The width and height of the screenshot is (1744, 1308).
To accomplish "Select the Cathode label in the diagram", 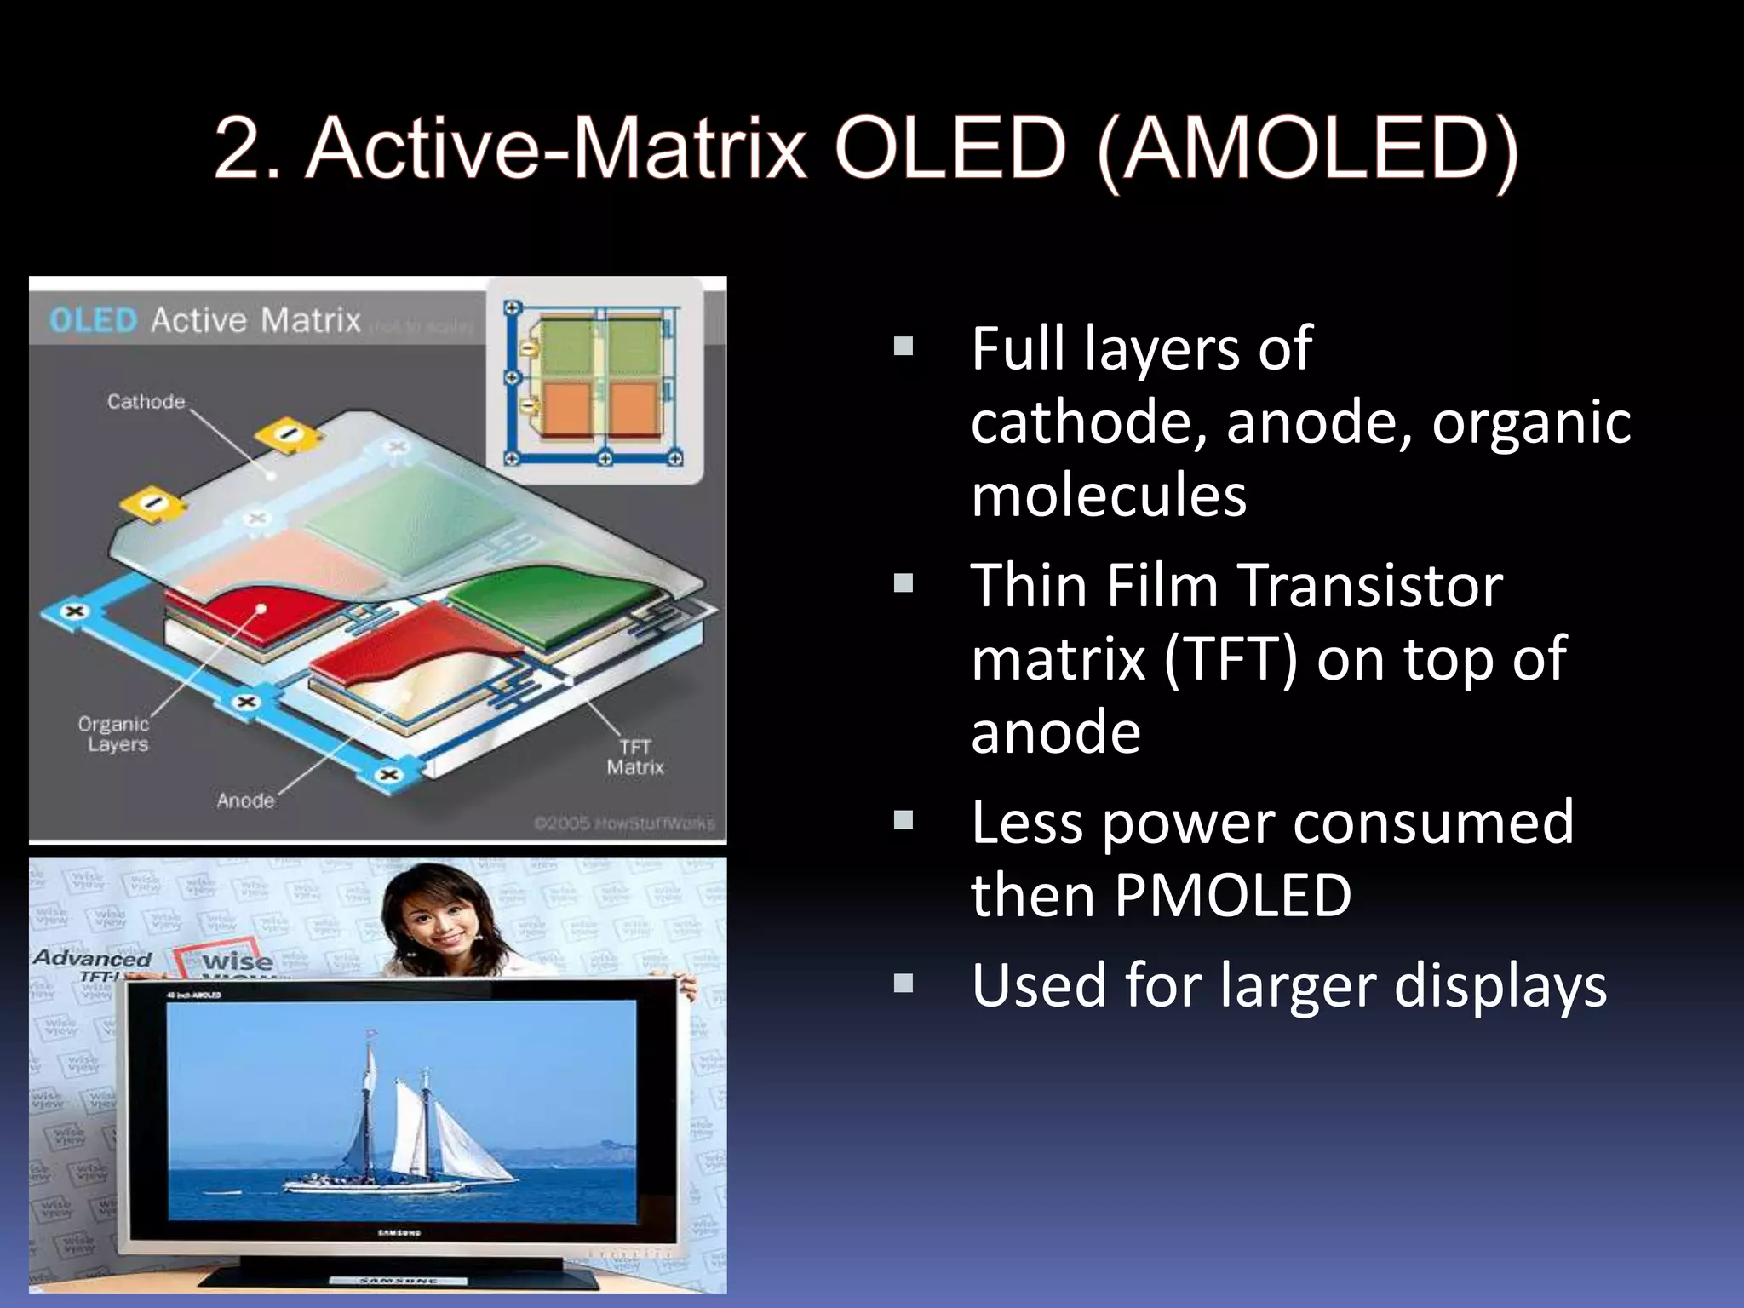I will point(146,401).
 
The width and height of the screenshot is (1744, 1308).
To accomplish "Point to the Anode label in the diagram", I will point(245,800).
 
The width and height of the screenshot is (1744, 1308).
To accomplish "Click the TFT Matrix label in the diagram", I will point(634,757).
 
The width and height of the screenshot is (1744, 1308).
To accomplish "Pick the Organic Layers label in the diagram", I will point(114,734).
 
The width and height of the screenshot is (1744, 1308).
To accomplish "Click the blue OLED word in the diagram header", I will point(93,320).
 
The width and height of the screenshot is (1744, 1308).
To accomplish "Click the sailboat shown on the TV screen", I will point(400,1124).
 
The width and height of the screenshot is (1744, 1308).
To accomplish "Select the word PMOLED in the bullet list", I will point(1232,896).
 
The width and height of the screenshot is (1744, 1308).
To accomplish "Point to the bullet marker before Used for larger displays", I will point(904,984).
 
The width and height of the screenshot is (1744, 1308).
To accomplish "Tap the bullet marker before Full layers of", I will point(904,347).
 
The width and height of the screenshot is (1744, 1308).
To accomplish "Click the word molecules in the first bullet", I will point(1109,496).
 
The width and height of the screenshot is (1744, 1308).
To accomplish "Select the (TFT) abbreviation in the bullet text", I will point(1231,659).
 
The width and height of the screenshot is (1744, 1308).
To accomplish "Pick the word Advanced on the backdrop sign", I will point(92,958).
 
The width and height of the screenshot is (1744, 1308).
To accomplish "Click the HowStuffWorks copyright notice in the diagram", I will point(624,823).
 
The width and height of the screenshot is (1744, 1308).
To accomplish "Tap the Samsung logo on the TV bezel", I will point(399,1232).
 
